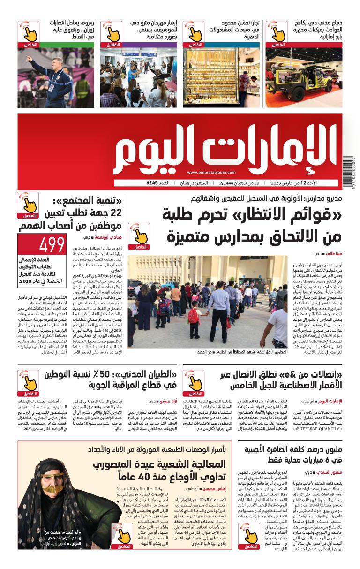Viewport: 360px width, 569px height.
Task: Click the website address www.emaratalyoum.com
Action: point(210,173)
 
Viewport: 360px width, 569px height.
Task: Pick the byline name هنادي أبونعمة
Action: point(103,238)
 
